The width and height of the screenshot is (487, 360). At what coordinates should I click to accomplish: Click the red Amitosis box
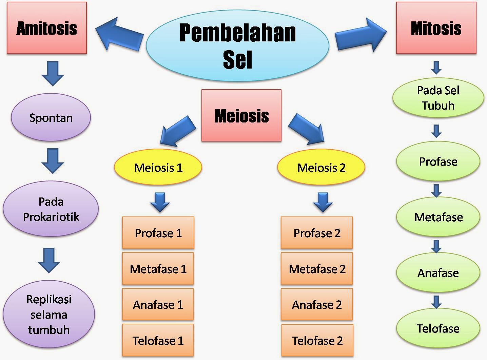[x=47, y=28]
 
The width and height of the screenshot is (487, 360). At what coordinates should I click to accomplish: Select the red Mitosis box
[x=436, y=28]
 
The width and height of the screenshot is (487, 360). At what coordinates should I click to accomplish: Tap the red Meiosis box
[x=241, y=115]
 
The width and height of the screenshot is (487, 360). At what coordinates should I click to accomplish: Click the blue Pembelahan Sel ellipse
[x=237, y=46]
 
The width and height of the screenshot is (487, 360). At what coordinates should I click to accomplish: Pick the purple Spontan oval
[x=51, y=118]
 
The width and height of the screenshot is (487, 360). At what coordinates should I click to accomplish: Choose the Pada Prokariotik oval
[x=51, y=209]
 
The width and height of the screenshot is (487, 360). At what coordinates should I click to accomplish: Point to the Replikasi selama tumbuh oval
[x=49, y=315]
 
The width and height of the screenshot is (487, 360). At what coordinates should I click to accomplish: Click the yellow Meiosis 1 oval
[x=158, y=167]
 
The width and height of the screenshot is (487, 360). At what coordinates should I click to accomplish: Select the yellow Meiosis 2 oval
[x=321, y=167]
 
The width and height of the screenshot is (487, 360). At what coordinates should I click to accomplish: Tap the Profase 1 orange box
[x=158, y=233]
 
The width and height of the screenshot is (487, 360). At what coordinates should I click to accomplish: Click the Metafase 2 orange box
[x=317, y=269]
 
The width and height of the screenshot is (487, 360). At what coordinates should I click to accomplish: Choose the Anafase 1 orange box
[x=158, y=305]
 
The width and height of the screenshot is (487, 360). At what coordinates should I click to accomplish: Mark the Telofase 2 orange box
[x=317, y=340]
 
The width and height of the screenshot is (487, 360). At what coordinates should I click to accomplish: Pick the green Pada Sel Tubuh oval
[x=438, y=98]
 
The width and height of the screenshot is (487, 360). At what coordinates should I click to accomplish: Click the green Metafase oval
[x=438, y=217]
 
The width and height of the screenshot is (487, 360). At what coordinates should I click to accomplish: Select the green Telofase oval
[x=438, y=328]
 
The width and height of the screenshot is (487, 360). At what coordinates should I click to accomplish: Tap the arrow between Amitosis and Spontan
[x=53, y=73]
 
